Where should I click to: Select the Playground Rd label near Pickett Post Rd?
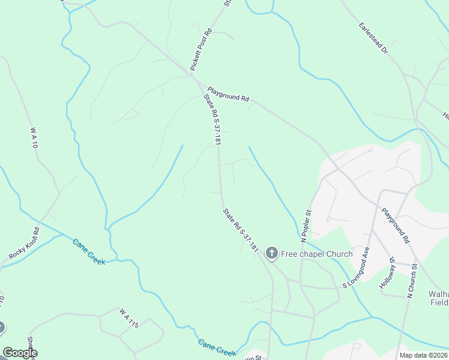pyautogui.click(x=229, y=94)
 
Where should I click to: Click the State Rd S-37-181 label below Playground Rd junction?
pyautogui.click(x=212, y=119)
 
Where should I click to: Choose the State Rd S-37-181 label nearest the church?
pyautogui.click(x=240, y=230)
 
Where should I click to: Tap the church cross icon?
pyautogui.click(x=271, y=254)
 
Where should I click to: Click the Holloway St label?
pyautogui.click(x=387, y=274)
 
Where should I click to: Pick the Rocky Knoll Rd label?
pyautogui.click(x=25, y=244)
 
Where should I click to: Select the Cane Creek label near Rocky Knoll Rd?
pyautogui.click(x=89, y=252)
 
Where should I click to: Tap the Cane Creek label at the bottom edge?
pyautogui.click(x=217, y=347)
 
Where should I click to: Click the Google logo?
pyautogui.click(x=19, y=353)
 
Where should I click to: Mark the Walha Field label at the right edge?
pyautogui.click(x=439, y=298)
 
